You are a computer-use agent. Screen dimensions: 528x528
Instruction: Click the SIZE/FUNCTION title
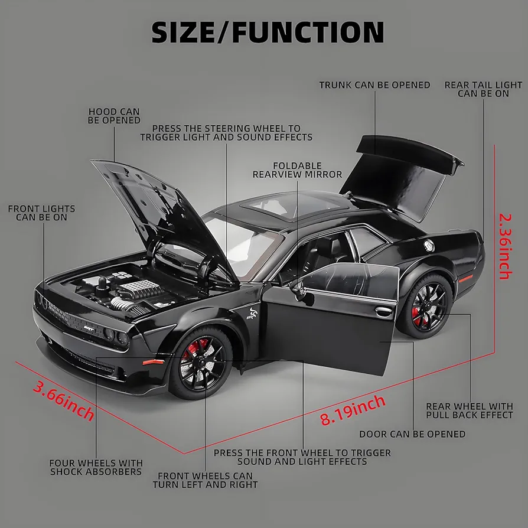(268, 32)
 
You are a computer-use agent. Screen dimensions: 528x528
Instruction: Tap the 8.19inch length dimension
(352, 410)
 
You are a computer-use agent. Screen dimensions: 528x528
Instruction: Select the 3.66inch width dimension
(64, 400)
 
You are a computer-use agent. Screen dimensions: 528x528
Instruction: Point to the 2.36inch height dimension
(505, 246)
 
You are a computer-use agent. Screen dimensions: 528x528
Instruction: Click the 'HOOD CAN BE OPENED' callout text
(114, 116)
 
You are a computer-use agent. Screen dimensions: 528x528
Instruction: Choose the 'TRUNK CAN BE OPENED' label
(375, 85)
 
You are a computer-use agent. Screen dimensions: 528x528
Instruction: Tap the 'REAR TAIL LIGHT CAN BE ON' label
(483, 89)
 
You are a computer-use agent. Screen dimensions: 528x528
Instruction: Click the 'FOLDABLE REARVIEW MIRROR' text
(297, 170)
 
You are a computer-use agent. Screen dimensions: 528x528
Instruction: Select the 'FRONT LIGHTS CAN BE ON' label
(42, 213)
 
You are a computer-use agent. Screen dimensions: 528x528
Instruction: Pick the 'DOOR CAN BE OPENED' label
(412, 434)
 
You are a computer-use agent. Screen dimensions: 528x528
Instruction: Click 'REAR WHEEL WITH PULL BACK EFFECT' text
(470, 411)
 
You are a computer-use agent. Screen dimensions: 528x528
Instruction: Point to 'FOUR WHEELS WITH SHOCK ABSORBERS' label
(96, 467)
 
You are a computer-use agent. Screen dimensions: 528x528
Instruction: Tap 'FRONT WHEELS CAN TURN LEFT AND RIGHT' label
(205, 480)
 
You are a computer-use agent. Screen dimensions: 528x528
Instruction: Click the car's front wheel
(201, 363)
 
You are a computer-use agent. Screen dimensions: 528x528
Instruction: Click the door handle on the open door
(383, 311)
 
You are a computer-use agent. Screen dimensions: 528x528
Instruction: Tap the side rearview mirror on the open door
(299, 288)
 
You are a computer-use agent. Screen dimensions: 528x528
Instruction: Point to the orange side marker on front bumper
(153, 362)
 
